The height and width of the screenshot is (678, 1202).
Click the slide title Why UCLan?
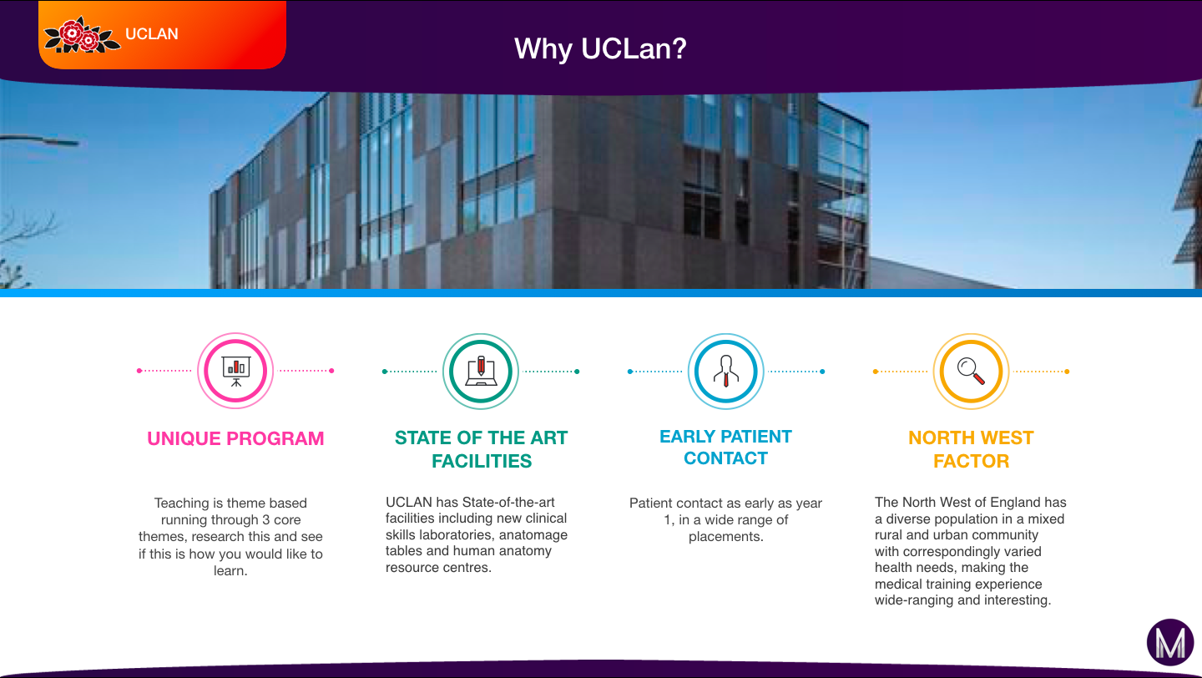click(600, 49)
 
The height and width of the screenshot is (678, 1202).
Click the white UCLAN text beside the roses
click(152, 34)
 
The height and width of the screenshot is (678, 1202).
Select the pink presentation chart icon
click(235, 371)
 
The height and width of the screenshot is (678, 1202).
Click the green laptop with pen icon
click(481, 372)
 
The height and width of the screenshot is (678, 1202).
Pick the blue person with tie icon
click(726, 372)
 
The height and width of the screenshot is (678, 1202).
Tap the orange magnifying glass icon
click(972, 372)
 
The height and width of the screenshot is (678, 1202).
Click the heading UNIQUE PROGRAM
click(235, 438)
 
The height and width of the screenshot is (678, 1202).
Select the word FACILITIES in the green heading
click(482, 461)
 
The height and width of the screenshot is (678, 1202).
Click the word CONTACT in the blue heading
click(725, 458)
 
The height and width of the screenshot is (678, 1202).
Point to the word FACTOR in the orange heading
click(972, 461)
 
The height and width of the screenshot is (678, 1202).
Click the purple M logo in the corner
click(1170, 643)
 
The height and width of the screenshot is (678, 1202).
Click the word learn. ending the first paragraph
click(230, 570)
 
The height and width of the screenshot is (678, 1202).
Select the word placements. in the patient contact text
click(726, 536)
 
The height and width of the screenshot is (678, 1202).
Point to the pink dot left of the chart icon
click(139, 371)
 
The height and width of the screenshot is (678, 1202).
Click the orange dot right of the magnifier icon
click(1067, 372)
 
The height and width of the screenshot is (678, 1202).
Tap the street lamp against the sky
click(40, 140)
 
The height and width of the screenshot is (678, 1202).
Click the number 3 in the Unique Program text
click(265, 519)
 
